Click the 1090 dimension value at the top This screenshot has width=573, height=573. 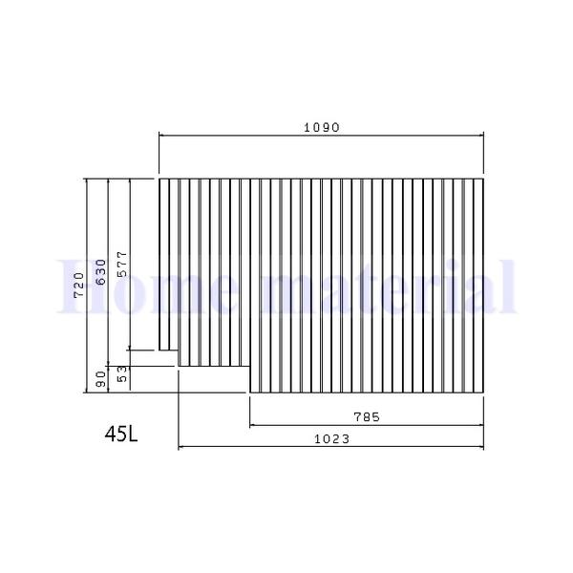point(321,126)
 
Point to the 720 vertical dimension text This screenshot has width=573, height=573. point(78,285)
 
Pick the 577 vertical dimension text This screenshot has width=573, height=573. point(121,264)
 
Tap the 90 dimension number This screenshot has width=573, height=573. point(99,380)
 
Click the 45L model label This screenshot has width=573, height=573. point(121,434)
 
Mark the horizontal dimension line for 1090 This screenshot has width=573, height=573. point(321,136)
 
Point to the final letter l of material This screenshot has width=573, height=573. point(508,285)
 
